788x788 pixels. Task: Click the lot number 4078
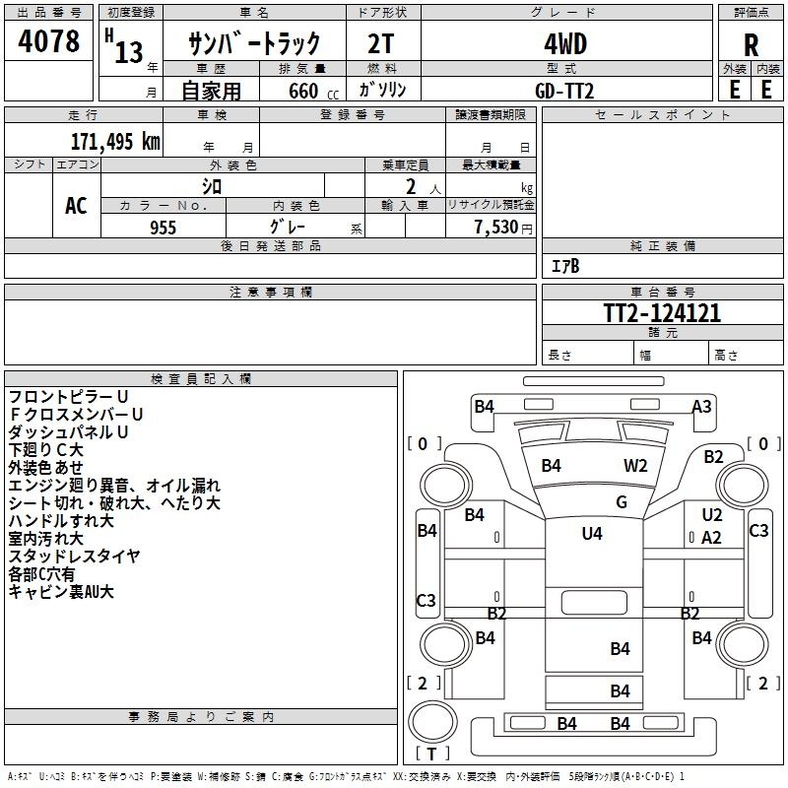coord(48,40)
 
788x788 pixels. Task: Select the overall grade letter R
coord(751,45)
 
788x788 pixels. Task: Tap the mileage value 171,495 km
coord(115,142)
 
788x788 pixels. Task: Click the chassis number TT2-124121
coord(662,313)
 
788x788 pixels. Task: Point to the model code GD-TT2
coord(564,91)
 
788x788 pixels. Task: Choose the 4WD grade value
coord(565,44)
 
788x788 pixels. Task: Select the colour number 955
coord(163,228)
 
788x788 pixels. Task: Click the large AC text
coord(76,205)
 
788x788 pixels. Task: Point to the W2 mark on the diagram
coord(635,465)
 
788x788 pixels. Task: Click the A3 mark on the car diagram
coord(701,406)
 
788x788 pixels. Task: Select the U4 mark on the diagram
coord(592,533)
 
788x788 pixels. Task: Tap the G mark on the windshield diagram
coord(622,501)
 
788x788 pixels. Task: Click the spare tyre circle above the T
coord(432,721)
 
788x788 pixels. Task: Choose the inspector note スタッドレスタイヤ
coord(74,557)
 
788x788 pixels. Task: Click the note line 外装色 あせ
coord(45,467)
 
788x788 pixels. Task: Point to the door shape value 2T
coord(380,44)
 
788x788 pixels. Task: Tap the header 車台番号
coord(662,292)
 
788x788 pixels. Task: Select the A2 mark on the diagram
coord(711,538)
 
